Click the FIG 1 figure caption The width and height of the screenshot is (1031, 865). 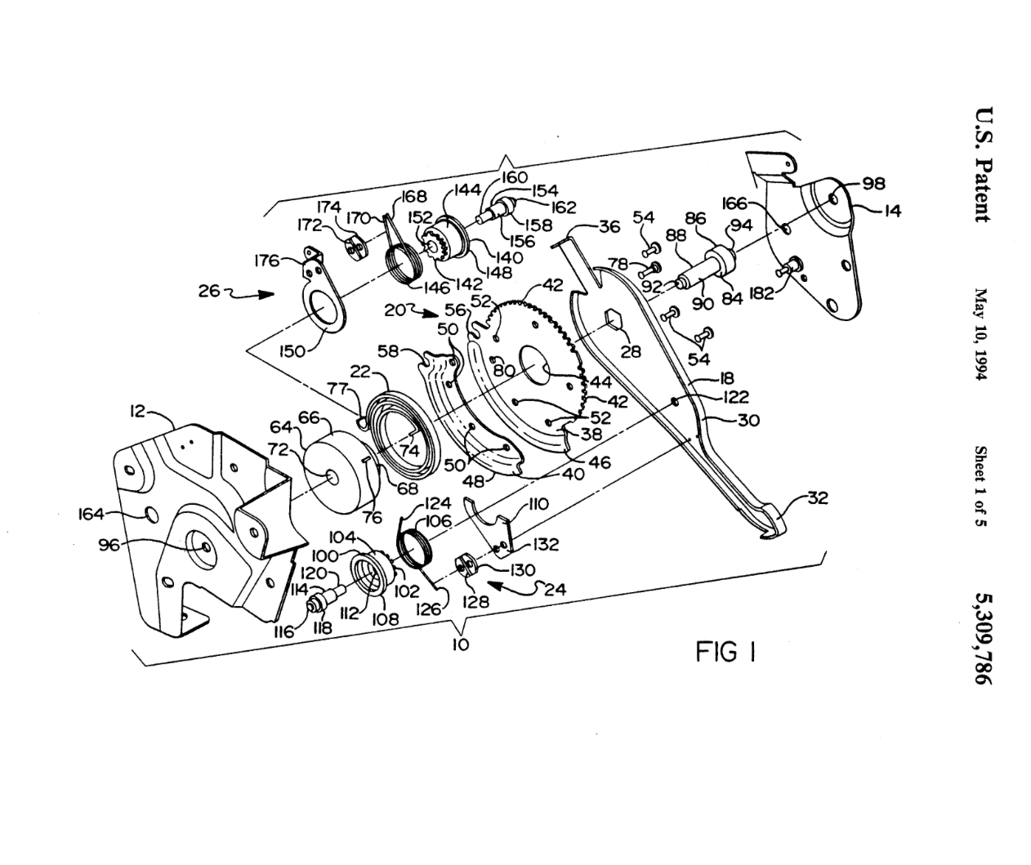click(725, 652)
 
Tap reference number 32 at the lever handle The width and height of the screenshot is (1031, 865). click(816, 497)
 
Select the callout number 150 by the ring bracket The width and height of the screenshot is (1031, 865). click(292, 351)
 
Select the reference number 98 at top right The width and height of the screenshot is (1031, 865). click(873, 184)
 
